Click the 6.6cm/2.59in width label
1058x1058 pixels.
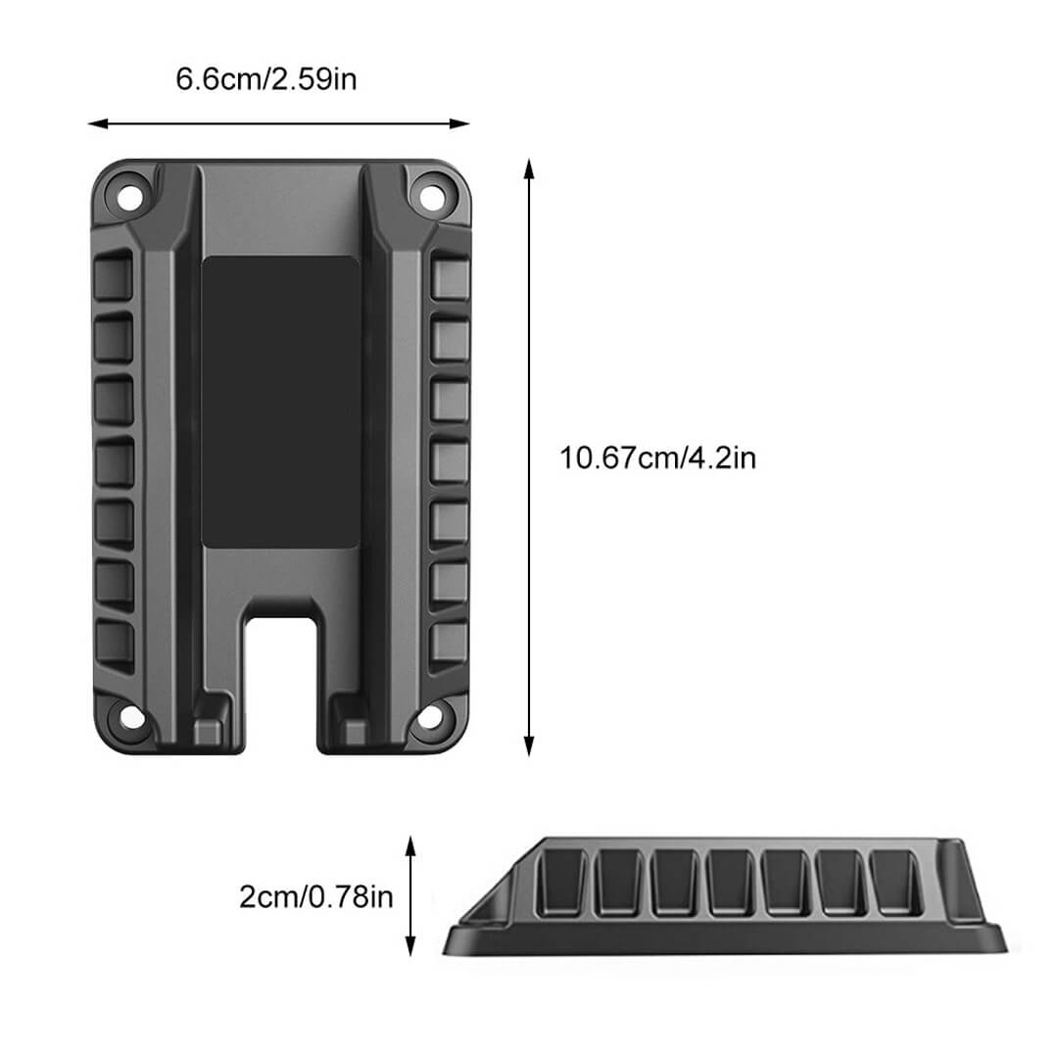coord(265,78)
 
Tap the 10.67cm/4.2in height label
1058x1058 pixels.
coord(657,457)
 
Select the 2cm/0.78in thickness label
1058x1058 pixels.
coord(315,895)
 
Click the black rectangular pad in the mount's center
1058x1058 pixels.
coord(280,404)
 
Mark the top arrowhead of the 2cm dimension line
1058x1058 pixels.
coord(411,842)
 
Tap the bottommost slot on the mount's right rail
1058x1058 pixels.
coord(449,641)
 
